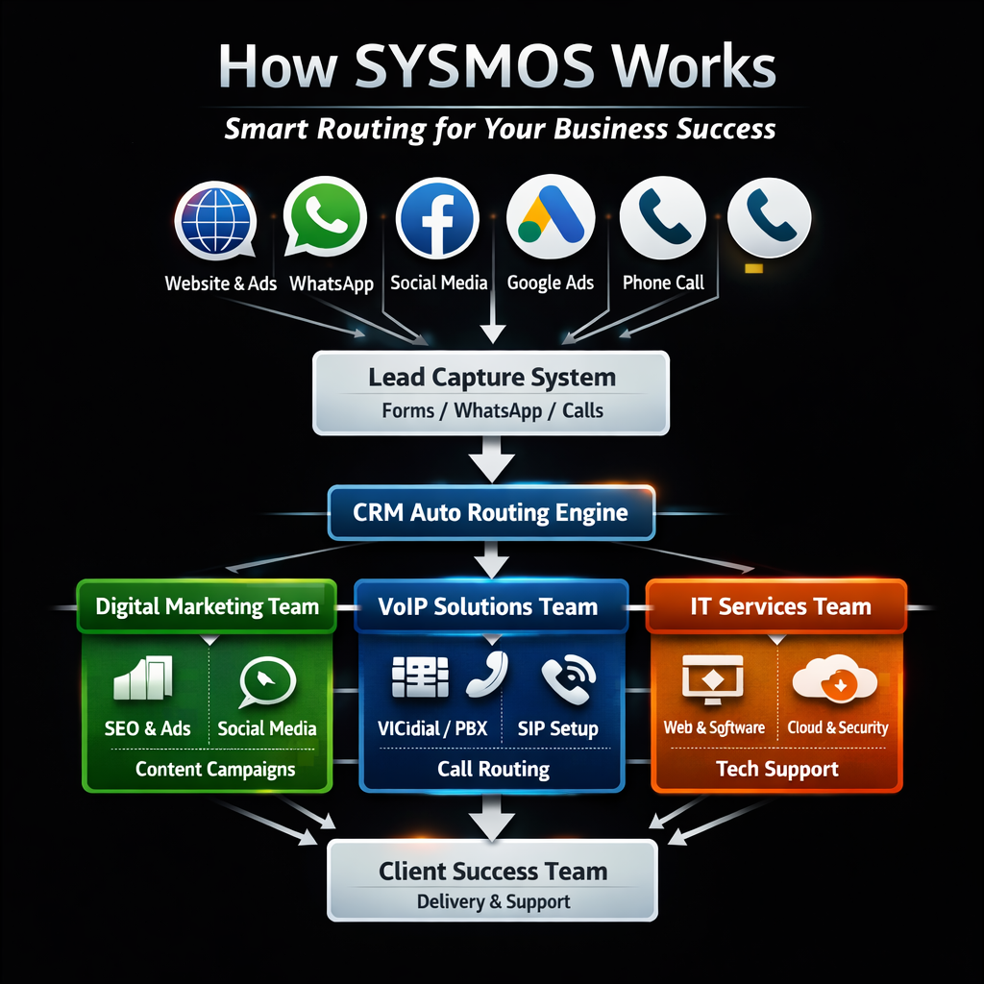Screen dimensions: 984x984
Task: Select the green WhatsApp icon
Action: pyautogui.click(x=327, y=217)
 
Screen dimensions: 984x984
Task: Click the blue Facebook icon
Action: pyautogui.click(x=437, y=219)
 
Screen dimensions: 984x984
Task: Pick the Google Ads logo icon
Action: pyautogui.click(x=550, y=217)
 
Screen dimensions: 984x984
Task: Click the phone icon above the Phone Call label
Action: pyautogui.click(x=662, y=217)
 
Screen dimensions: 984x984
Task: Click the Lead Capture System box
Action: pyautogui.click(x=491, y=392)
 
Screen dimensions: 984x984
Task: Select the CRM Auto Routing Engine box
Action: pyautogui.click(x=491, y=512)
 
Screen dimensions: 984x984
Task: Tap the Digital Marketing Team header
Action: pyautogui.click(x=207, y=606)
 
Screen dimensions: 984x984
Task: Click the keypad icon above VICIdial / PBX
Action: pyautogui.click(x=420, y=676)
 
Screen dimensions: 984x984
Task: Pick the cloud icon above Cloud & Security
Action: pyautogui.click(x=834, y=677)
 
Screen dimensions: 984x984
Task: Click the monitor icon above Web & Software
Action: pyautogui.click(x=712, y=677)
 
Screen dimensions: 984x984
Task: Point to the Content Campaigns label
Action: pyautogui.click(x=215, y=769)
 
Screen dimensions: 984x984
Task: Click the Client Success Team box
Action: pyautogui.click(x=492, y=881)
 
